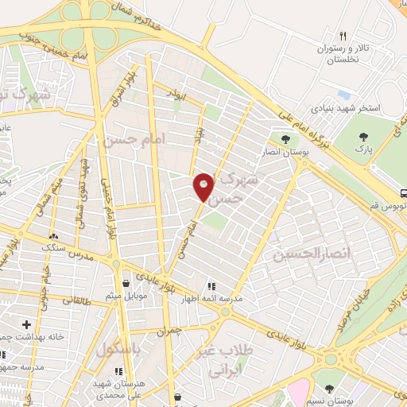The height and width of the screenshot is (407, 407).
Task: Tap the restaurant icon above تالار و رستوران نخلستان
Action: (343, 36)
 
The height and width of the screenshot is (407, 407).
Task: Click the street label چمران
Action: (169, 329)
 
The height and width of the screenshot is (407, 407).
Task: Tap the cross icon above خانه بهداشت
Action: (27, 324)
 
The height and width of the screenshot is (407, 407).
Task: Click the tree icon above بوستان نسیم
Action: (329, 387)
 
